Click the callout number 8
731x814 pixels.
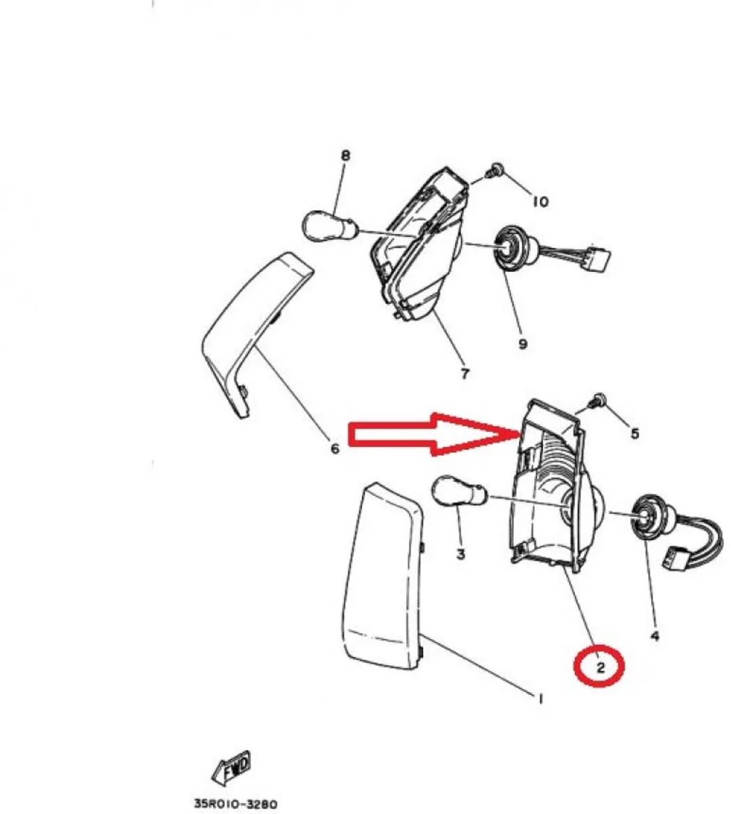(x=345, y=155)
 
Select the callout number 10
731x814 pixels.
(x=540, y=201)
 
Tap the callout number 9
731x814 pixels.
(x=523, y=343)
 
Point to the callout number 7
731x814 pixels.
(x=465, y=374)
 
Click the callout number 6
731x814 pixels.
(x=335, y=448)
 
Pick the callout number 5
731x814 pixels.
(x=635, y=433)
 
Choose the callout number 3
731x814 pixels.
(x=460, y=554)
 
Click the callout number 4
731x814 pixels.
(x=655, y=647)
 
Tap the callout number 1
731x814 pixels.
(x=540, y=699)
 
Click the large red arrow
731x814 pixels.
(x=434, y=434)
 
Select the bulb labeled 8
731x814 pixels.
(x=328, y=227)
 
